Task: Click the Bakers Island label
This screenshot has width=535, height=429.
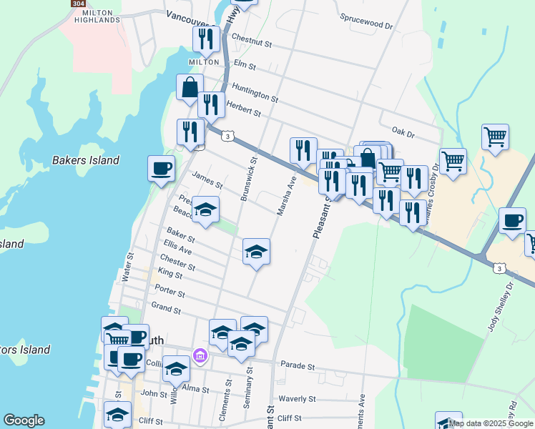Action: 86,160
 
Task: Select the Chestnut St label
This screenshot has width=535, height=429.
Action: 252,43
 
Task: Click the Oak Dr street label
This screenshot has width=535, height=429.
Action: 403,133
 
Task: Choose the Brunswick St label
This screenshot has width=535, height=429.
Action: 249,179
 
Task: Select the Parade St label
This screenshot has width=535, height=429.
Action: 298,365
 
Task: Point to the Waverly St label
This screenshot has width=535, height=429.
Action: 297,399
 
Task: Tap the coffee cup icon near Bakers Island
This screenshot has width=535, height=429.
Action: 161,169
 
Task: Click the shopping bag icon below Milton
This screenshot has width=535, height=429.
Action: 190,87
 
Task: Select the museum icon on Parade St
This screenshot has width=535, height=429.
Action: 199,355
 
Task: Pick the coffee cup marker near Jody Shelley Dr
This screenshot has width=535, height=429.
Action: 511,220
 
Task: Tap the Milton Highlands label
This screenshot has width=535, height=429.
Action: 101,16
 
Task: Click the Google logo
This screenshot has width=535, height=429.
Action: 24,420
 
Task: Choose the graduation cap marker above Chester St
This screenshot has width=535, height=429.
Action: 256,252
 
